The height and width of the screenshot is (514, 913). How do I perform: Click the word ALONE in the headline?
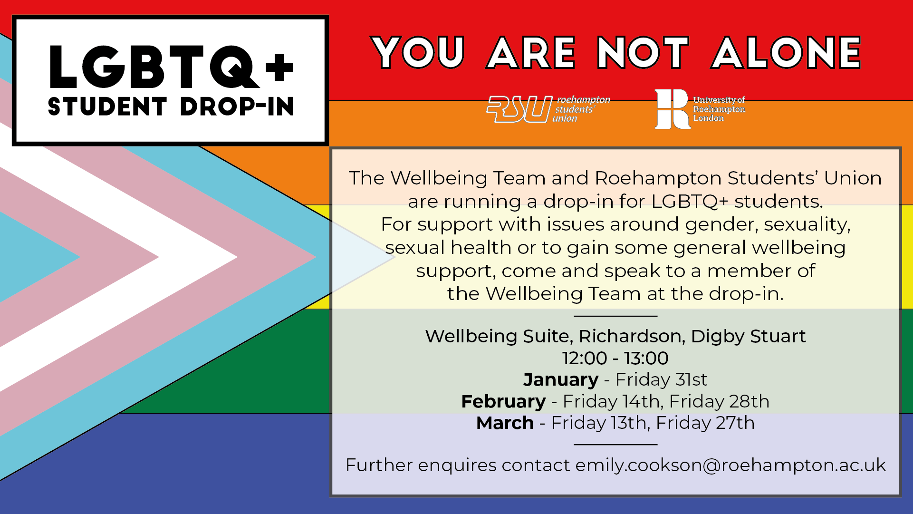coord(786,53)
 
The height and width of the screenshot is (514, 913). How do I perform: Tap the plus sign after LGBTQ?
coord(279,67)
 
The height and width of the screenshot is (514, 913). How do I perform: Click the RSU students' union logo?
coord(548,109)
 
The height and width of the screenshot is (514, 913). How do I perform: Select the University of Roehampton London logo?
coord(700,109)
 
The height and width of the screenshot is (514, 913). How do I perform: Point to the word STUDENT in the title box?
coord(107,107)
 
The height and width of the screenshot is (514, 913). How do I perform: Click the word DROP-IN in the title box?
coord(237,107)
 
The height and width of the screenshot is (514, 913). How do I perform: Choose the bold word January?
coord(561,379)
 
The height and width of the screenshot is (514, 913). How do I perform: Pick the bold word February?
coord(504,401)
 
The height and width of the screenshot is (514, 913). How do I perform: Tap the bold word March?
coord(505,423)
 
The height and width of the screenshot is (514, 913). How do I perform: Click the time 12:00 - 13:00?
coord(615,358)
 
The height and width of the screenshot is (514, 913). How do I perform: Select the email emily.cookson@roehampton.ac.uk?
coord(731,465)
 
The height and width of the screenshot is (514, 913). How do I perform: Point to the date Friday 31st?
coord(662,379)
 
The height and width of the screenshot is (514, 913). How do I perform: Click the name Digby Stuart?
coord(749,336)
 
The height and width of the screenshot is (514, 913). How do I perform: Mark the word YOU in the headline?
coord(418,53)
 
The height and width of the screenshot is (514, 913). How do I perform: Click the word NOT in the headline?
coord(643,53)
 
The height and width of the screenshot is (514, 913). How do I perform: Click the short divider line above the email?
coord(615,445)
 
